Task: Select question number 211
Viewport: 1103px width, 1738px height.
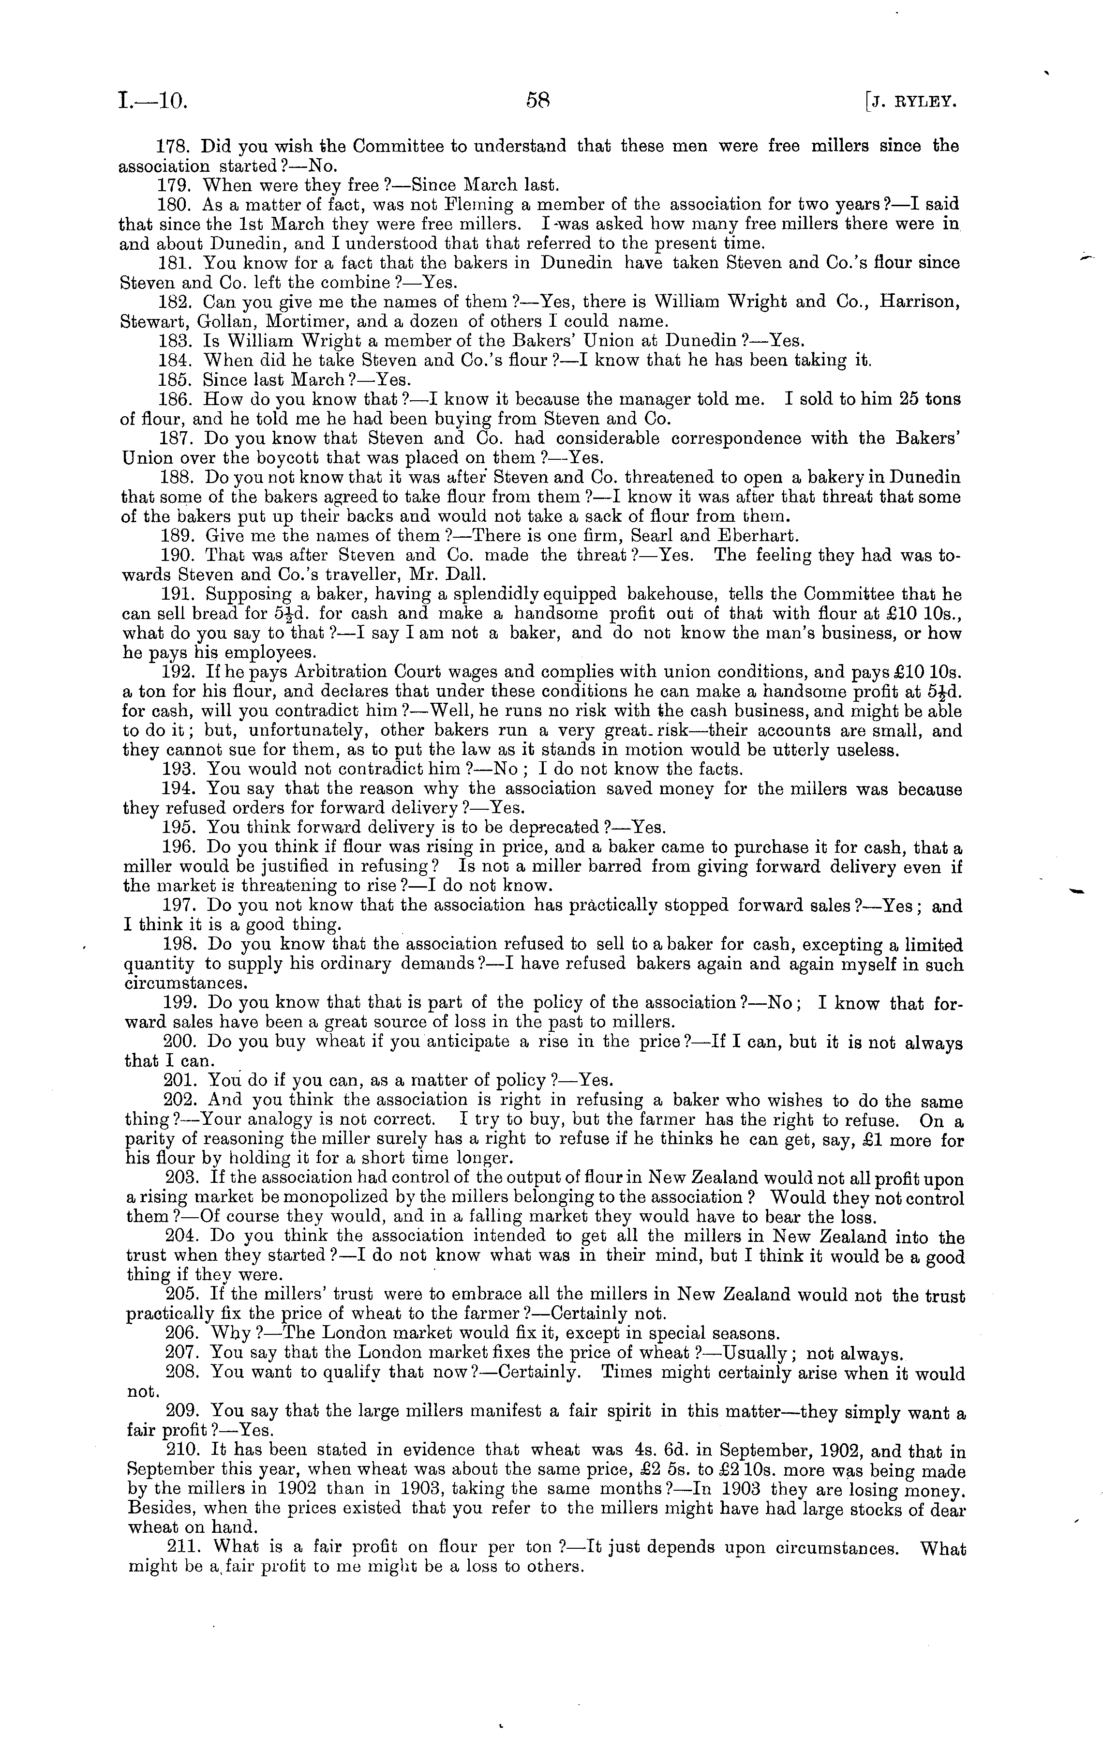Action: point(182,1549)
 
